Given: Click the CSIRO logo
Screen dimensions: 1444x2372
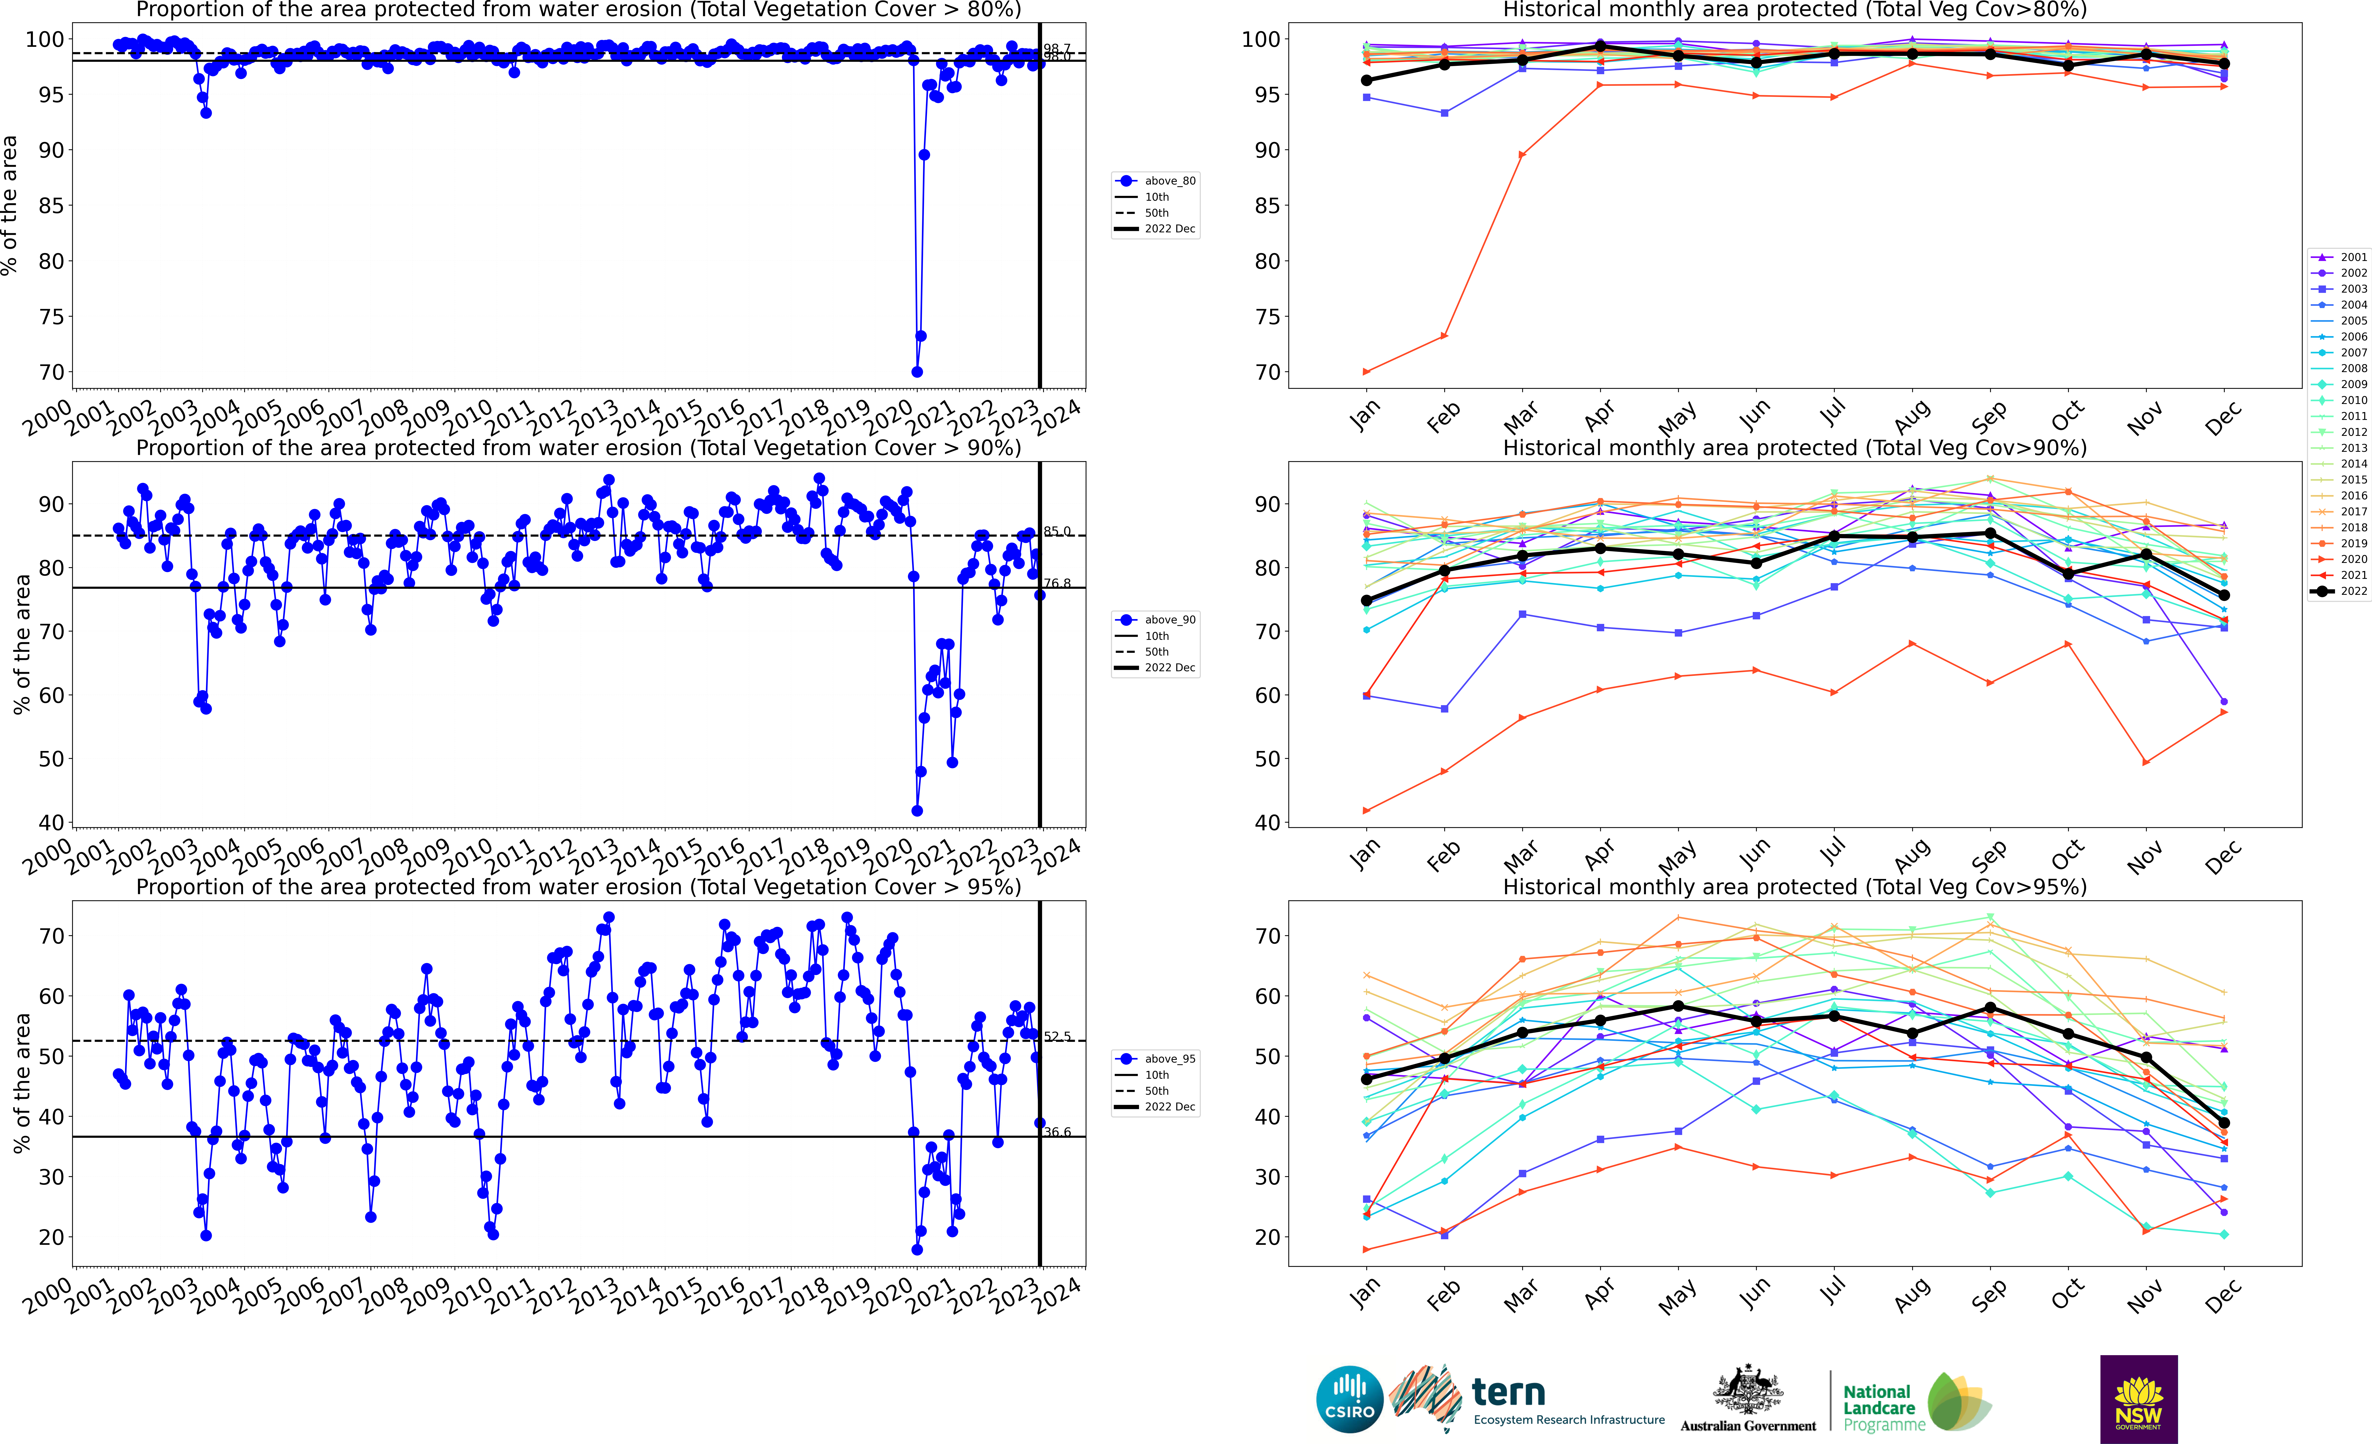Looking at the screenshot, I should coord(1350,1399).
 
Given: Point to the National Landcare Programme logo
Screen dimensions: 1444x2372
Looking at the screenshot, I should coord(1916,1402).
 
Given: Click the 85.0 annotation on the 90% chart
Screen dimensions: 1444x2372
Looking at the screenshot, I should coord(1057,531).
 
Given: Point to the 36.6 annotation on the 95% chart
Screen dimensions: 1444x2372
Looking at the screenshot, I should coord(1057,1132).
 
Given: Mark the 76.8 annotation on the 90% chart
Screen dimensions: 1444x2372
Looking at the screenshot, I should coord(1057,583).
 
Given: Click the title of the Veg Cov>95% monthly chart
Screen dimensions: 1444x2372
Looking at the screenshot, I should coord(1795,887).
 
